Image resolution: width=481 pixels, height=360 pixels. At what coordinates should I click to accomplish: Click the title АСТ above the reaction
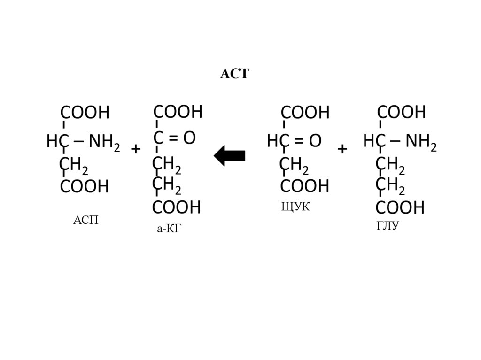point(234,74)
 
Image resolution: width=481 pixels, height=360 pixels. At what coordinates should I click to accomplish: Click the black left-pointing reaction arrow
point(230,155)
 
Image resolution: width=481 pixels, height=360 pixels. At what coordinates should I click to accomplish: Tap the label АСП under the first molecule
point(86,220)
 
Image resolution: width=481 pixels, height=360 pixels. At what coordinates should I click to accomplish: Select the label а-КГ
point(169,229)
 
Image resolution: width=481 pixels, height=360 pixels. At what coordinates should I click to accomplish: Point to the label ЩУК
point(295,207)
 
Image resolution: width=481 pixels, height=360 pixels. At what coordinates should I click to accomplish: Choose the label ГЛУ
point(388,227)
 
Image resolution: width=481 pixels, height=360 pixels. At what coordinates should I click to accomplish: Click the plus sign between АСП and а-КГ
point(136,149)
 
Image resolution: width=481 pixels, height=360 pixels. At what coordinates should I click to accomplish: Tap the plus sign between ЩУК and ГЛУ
point(342,149)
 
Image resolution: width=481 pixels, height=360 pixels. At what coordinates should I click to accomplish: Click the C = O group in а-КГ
point(174,138)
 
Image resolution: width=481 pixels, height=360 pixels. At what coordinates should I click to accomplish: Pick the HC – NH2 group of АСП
point(83,141)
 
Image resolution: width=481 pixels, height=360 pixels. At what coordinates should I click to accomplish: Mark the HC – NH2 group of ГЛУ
point(400,141)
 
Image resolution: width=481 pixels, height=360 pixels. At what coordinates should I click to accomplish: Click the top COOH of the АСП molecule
point(85,113)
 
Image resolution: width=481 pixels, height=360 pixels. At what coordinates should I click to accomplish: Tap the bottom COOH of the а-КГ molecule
point(176,207)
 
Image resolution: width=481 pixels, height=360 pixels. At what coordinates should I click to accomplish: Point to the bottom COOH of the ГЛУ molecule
point(400,207)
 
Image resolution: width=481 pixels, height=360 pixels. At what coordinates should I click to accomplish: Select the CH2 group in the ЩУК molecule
point(294,165)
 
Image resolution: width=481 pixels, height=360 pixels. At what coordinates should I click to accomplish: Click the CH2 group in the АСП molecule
point(73,165)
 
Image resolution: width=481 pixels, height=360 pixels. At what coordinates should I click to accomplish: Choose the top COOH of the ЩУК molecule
point(305,113)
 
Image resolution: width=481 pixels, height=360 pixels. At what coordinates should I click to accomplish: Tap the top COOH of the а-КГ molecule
point(178,112)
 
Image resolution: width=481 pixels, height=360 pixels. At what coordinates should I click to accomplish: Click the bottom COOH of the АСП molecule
point(85,186)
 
